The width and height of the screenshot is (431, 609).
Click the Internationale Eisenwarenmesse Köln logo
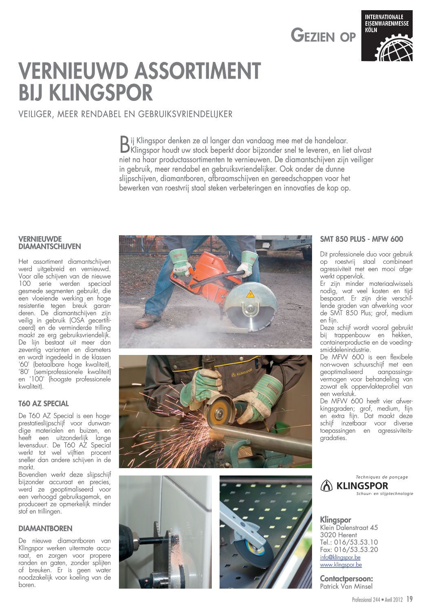(387, 36)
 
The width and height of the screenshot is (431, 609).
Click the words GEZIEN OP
(323, 36)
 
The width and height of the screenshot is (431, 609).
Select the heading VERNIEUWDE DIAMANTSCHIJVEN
(50, 243)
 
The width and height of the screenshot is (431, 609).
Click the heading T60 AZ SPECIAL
(44, 404)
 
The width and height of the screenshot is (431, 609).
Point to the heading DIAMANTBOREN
(45, 529)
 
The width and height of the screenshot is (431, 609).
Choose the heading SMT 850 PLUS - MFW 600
(361, 239)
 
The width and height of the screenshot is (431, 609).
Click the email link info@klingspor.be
(340, 557)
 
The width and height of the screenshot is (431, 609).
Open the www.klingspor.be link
(341, 565)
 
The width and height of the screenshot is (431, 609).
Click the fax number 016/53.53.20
(356, 550)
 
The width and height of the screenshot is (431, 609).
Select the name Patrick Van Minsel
(346, 586)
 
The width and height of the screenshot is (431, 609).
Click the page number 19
(409, 599)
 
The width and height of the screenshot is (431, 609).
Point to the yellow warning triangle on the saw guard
(250, 294)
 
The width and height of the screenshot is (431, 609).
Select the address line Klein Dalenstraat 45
(349, 528)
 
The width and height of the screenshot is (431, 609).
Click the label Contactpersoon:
(346, 579)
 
